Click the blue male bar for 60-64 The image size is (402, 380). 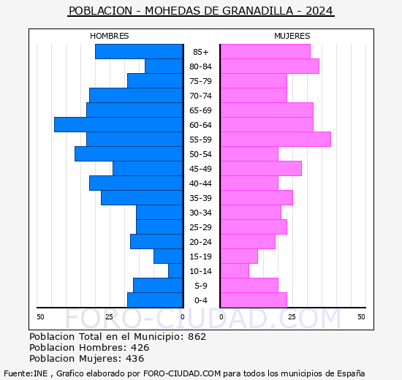118,125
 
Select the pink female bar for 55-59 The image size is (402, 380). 275,140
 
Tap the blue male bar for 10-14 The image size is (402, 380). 175,271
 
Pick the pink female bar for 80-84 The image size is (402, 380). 269,66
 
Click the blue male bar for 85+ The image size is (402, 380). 138,52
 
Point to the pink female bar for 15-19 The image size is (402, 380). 238,256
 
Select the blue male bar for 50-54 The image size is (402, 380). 128,154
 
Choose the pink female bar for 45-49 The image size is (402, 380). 260,169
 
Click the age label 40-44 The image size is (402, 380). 200,183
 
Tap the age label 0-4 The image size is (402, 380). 200,300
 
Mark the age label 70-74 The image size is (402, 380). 200,96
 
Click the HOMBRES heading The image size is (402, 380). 109,36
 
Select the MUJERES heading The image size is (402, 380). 292,36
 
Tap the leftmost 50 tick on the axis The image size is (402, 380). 41,316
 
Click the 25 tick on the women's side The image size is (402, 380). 291,316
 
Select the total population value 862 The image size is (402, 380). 197,337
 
